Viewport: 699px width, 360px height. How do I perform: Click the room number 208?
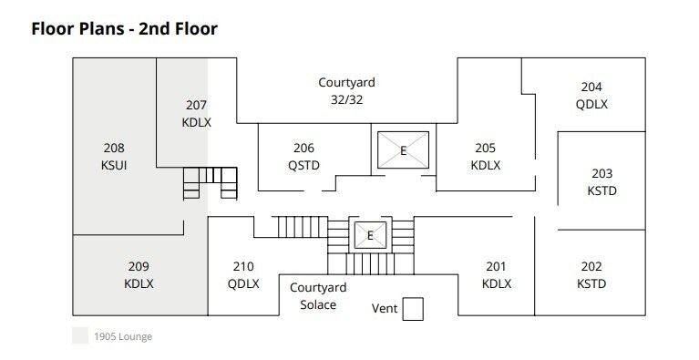(x=114, y=148)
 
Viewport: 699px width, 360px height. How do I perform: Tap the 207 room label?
(x=197, y=105)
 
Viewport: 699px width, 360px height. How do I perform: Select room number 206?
(x=303, y=149)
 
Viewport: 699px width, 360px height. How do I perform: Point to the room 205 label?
(x=485, y=149)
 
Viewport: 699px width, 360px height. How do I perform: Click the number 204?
(x=591, y=87)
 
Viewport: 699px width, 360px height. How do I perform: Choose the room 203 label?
(x=601, y=174)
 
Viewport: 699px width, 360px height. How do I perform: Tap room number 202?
(x=591, y=266)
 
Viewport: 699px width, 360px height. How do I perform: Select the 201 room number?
(x=496, y=266)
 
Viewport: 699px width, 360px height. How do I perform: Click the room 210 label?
(x=243, y=266)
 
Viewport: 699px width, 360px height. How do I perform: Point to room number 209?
(x=139, y=266)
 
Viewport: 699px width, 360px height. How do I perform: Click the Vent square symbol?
(x=414, y=310)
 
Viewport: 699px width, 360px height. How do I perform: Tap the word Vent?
(x=385, y=309)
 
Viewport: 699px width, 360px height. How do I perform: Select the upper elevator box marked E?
(x=403, y=150)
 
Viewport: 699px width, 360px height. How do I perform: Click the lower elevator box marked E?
(x=370, y=235)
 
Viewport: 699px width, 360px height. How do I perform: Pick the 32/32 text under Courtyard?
(x=346, y=99)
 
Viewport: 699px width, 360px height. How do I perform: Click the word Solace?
(x=318, y=304)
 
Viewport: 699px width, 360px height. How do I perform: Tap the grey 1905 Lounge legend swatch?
(x=80, y=336)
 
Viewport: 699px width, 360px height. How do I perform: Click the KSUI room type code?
(x=114, y=165)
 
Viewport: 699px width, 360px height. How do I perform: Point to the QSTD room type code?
(x=303, y=165)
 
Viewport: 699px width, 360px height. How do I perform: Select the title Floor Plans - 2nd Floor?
(x=125, y=28)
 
